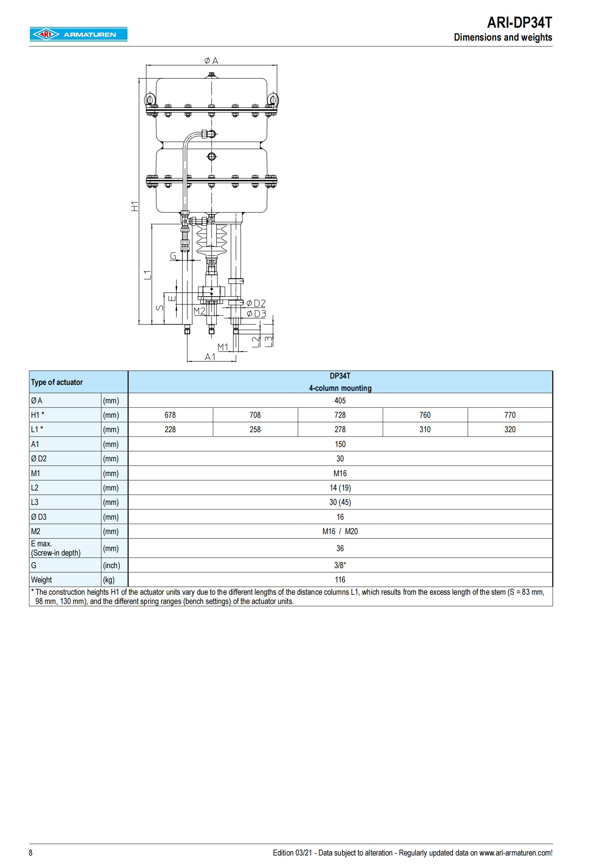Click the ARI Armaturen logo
78,35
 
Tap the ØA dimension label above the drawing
211,61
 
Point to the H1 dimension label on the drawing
134,206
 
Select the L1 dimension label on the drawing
148,275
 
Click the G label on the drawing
173,256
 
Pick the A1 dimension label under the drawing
210,357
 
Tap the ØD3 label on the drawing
256,314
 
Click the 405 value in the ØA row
340,400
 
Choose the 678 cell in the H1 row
170,415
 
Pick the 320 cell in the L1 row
510,429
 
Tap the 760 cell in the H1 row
425,415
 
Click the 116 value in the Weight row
340,580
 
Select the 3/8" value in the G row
340,565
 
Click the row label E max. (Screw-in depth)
56,548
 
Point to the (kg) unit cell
109,580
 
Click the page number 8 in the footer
31,853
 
